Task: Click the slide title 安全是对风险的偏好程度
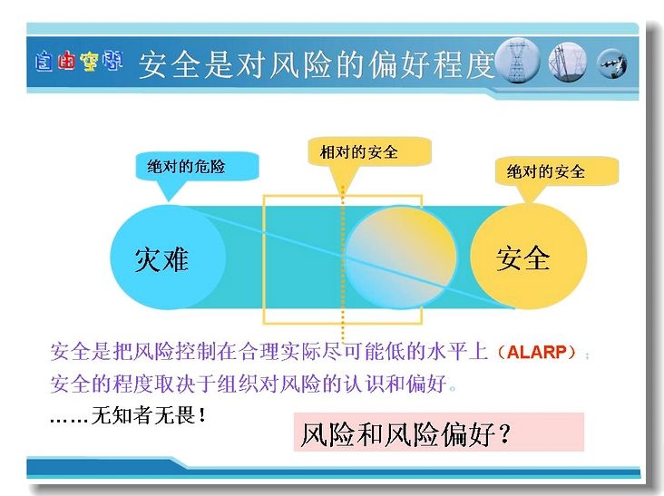317,64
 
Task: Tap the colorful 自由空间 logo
79,62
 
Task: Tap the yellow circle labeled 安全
529,257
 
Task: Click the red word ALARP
536,352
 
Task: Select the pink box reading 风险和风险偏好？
439,433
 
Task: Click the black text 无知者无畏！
149,414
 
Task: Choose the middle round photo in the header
568,62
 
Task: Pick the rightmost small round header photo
612,63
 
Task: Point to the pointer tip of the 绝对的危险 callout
169,201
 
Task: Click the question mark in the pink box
504,433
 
